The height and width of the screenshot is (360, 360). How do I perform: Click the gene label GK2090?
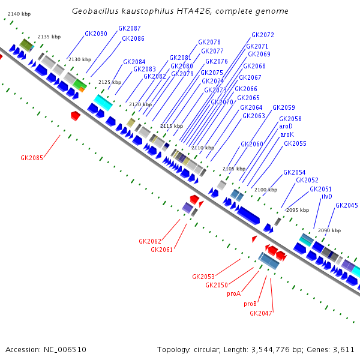point(96,34)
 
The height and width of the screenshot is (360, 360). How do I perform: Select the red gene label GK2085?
point(32,158)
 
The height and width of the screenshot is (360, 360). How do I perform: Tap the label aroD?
point(286,127)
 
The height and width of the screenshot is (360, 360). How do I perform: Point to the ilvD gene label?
point(327,196)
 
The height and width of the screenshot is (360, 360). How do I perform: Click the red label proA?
point(233,293)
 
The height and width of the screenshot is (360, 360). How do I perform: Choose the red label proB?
point(250,304)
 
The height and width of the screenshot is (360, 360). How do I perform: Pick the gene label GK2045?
point(347,205)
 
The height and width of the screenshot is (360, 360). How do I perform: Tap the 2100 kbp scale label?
point(266,190)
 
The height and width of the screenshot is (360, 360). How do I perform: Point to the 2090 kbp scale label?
point(329,230)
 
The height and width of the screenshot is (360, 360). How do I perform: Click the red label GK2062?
point(150,241)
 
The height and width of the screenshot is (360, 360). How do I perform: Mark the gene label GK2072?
point(263,35)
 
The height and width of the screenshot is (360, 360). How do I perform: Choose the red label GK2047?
point(261,313)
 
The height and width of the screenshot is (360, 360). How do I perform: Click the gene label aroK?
point(287,135)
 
